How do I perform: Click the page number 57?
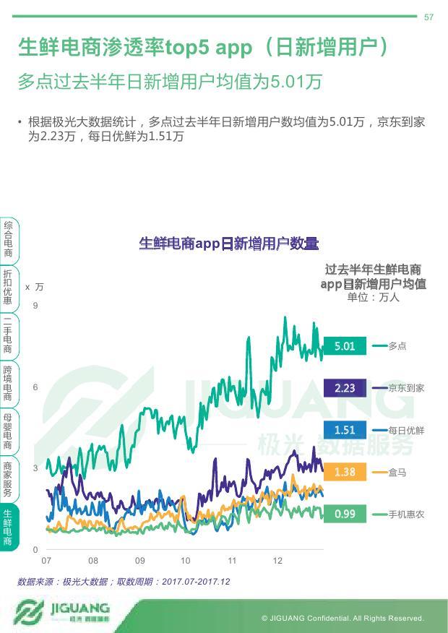[x=428, y=17]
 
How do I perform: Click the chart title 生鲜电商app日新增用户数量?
[x=228, y=244]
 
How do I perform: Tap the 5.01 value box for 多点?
[x=345, y=346]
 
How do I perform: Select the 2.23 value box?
[x=345, y=388]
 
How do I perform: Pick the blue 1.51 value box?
[x=345, y=430]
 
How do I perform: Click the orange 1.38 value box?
[x=345, y=472]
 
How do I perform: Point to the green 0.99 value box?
[x=345, y=514]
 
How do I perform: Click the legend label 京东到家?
[x=406, y=388]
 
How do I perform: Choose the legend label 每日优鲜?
[x=406, y=430]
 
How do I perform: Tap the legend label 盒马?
[x=397, y=472]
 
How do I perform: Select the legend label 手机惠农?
[x=406, y=514]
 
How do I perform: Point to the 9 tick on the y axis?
[x=35, y=306]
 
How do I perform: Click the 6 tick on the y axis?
[x=35, y=387]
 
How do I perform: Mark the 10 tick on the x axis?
[x=186, y=561]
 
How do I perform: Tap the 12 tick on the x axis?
[x=277, y=561]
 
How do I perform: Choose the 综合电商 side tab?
[x=8, y=240]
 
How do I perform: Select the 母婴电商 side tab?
[x=8, y=431]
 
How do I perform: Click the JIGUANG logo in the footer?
[x=61, y=611]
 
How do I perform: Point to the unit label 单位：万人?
[x=373, y=297]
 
